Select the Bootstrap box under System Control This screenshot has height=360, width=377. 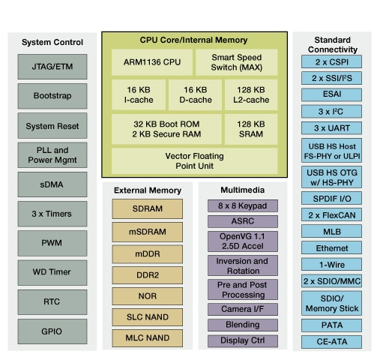[52, 96]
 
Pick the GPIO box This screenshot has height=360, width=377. [52, 330]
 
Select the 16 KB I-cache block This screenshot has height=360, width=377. [138, 94]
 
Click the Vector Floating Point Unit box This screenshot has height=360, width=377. [193, 160]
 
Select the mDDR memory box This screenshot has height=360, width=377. [148, 253]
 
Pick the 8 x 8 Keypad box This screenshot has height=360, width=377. [242, 205]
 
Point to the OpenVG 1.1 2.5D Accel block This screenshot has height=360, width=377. [242, 241]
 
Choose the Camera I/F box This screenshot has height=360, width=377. [242, 309]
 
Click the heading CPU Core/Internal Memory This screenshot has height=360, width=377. [193, 39]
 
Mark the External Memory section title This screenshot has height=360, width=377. [148, 190]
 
